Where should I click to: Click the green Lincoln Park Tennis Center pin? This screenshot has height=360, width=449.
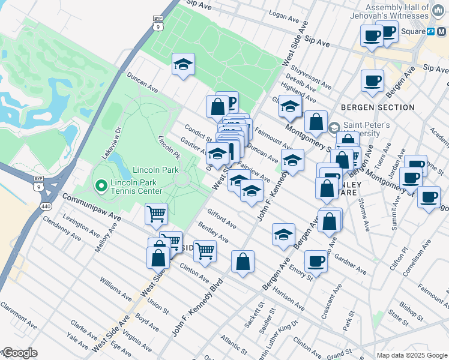click(x=101, y=186)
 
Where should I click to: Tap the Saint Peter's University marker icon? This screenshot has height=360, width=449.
click(x=335, y=127)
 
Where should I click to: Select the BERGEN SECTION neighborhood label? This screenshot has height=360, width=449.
click(x=378, y=107)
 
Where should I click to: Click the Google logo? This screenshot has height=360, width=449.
click(x=19, y=353)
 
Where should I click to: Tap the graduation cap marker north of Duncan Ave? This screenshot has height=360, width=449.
click(x=183, y=65)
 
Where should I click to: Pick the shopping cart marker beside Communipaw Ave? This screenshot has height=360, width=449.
click(x=157, y=213)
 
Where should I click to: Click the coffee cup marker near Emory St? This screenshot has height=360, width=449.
click(x=316, y=261)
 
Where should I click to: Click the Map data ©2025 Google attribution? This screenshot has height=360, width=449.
click(x=411, y=355)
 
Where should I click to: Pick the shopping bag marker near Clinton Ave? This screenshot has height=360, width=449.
click(x=242, y=262)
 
